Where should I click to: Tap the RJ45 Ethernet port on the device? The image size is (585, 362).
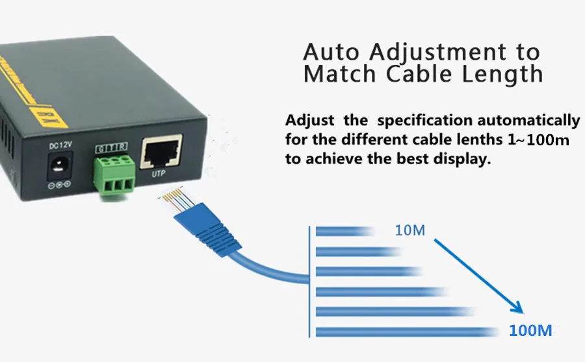tap(161, 152)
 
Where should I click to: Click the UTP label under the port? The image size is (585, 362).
tap(158, 174)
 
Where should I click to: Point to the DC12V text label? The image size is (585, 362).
tap(60, 145)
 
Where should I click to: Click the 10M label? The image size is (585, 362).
tap(410, 230)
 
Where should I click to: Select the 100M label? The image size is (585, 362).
tap(530, 331)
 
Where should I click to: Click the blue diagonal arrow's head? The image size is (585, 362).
tap(518, 308)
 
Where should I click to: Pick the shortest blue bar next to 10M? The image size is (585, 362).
tap(344, 231)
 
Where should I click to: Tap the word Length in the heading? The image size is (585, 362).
tap(502, 74)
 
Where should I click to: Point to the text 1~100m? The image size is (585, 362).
tap(538, 139)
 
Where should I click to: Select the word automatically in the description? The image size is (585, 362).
tap(528, 121)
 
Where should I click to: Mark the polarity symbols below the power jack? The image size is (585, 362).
tap(59, 184)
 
